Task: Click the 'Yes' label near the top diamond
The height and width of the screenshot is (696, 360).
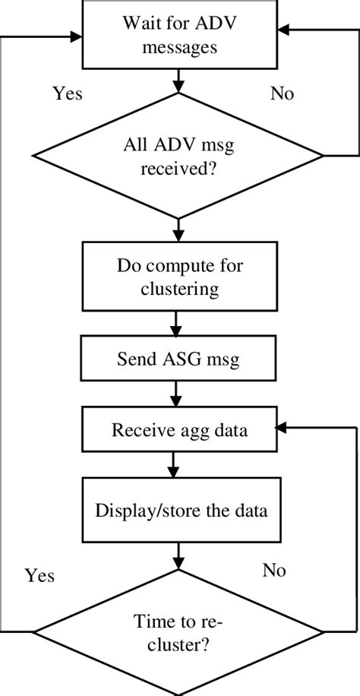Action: (67, 93)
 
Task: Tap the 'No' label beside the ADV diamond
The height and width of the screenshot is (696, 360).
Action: (282, 93)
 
